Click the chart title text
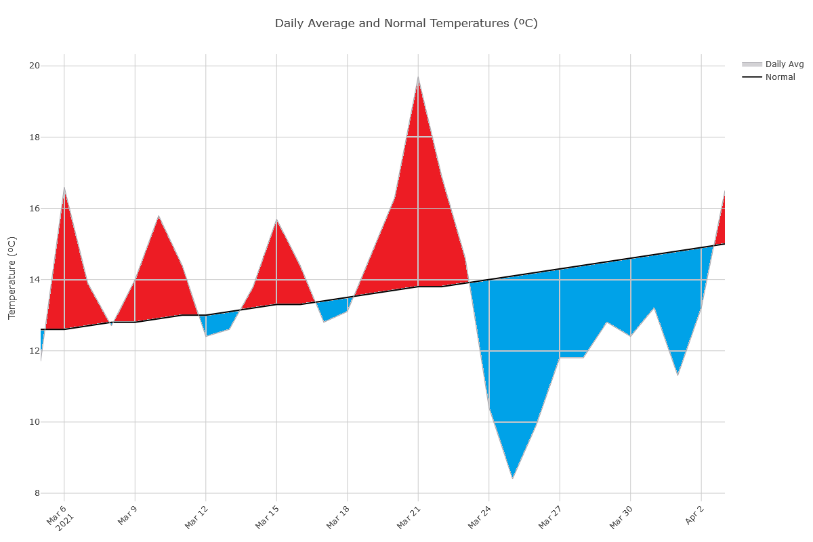point(406,23)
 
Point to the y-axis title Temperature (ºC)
point(12,278)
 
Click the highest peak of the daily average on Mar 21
point(418,77)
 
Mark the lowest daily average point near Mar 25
point(512,478)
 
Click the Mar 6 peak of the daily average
point(64,188)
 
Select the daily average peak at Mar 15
point(276,220)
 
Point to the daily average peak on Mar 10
point(159,216)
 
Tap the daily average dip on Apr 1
point(677,375)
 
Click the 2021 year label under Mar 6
point(64,525)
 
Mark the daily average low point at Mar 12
point(206,336)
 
